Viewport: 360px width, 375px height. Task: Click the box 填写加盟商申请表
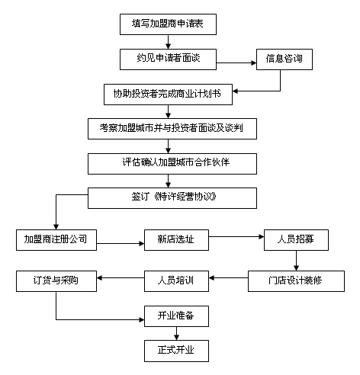point(168,24)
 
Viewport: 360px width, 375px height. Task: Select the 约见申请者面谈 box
point(168,59)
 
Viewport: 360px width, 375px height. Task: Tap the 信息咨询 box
point(284,59)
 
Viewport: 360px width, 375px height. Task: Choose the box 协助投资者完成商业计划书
point(168,95)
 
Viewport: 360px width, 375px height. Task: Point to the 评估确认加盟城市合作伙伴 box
point(172,164)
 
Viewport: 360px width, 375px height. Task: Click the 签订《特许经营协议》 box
point(172,198)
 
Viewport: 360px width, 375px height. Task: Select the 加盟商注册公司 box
point(56,240)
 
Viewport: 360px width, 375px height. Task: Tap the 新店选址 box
point(176,240)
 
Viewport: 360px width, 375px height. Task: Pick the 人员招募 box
point(296,240)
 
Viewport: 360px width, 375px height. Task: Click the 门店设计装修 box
point(296,281)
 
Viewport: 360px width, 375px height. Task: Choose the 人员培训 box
point(176,281)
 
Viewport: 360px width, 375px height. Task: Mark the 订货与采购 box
point(56,281)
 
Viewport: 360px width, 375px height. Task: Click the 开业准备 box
point(176,316)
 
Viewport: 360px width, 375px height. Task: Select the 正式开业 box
point(176,351)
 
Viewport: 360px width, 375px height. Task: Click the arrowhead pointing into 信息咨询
point(254,62)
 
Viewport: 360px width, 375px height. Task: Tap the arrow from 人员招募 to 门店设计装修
point(296,261)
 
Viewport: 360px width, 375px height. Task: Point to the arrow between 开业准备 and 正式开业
point(176,334)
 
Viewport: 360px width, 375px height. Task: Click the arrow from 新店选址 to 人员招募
point(236,237)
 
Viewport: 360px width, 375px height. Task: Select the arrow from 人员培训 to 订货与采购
point(121,278)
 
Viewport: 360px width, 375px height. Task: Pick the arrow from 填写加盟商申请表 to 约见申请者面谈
point(168,42)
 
